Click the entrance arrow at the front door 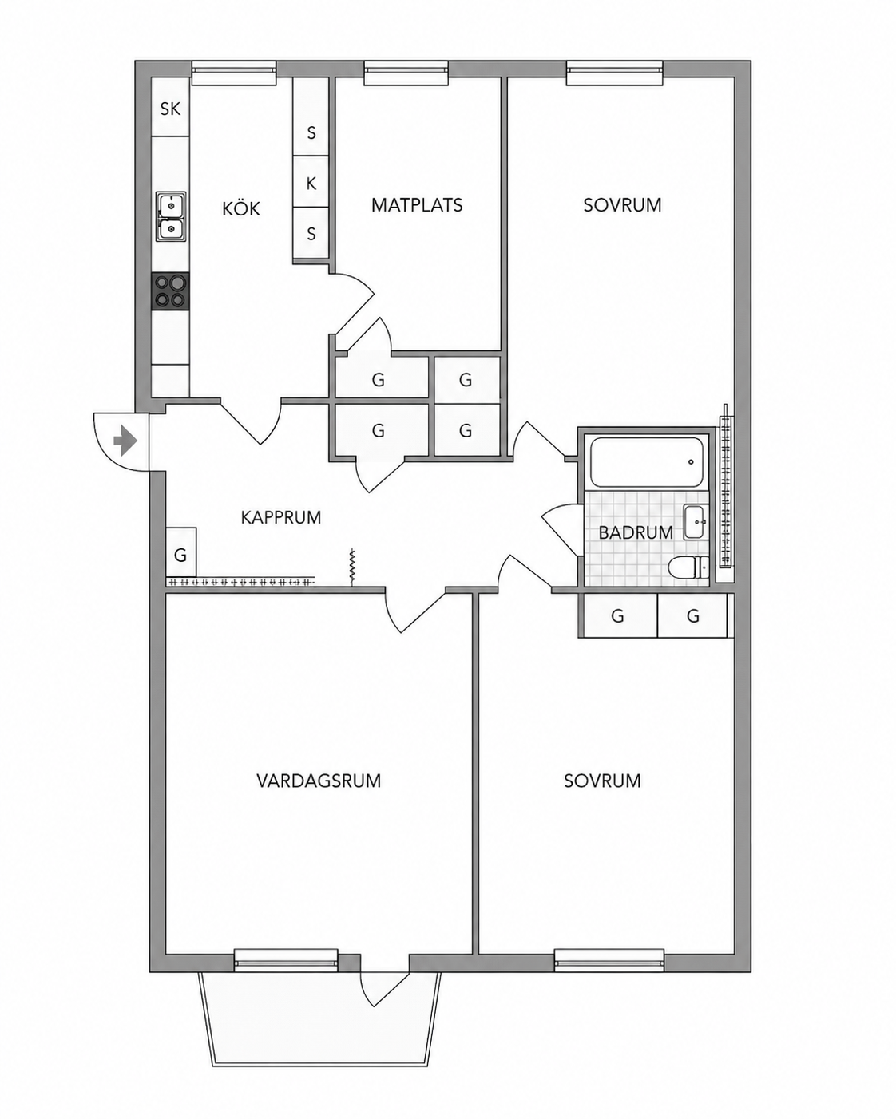(125, 441)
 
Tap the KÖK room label (241, 209)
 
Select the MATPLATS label (417, 205)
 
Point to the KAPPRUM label (281, 517)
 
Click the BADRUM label (636, 532)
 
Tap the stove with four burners (170, 291)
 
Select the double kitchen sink (171, 216)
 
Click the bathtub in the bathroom (647, 462)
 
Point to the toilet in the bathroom (688, 567)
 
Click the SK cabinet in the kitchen (170, 108)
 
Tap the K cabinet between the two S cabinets (311, 182)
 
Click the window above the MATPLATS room (406, 73)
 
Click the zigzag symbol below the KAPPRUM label (352, 567)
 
